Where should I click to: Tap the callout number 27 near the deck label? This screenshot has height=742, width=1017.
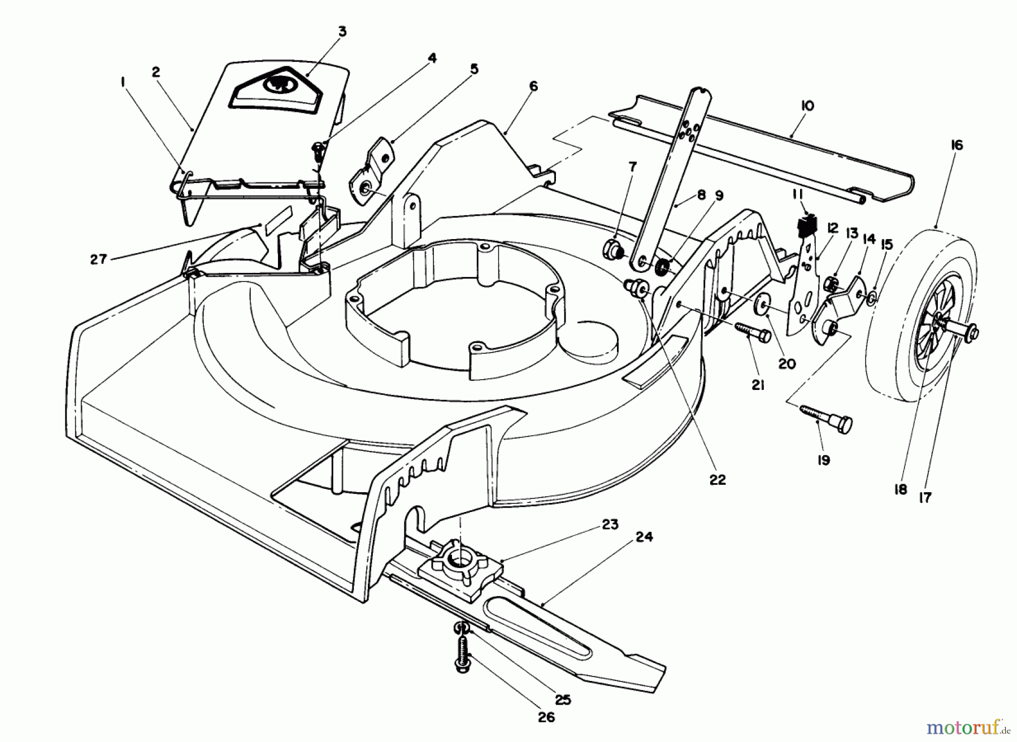pyautogui.click(x=98, y=260)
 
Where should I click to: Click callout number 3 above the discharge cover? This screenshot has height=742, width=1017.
pyautogui.click(x=342, y=31)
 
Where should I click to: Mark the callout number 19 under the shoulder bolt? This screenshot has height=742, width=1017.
pyautogui.click(x=823, y=460)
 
